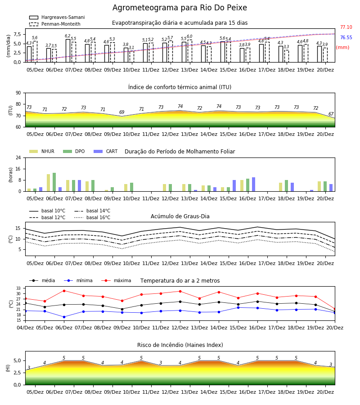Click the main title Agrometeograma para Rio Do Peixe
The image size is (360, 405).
(180, 8)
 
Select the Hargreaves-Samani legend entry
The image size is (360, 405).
(57, 17)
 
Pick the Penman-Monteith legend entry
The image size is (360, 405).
(55, 24)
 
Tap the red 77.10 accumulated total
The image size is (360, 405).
(346, 27)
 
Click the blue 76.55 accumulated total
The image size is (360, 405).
(346, 37)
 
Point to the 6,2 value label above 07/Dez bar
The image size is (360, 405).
(67, 36)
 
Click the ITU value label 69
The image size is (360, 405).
(121, 112)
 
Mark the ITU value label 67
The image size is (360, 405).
(331, 114)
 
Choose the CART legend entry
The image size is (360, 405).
(106, 151)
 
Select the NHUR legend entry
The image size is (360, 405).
(42, 151)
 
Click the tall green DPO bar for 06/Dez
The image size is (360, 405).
(54, 182)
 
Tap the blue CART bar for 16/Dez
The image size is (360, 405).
(254, 184)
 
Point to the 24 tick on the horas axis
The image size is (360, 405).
(18, 157)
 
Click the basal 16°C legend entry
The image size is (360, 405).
(92, 217)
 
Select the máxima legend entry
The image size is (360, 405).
(116, 280)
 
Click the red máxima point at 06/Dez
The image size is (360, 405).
(64, 291)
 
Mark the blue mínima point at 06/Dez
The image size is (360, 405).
(64, 317)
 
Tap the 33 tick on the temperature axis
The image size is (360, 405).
(18, 288)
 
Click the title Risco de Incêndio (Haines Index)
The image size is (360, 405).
(180, 345)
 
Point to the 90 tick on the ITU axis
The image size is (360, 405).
(18, 93)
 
